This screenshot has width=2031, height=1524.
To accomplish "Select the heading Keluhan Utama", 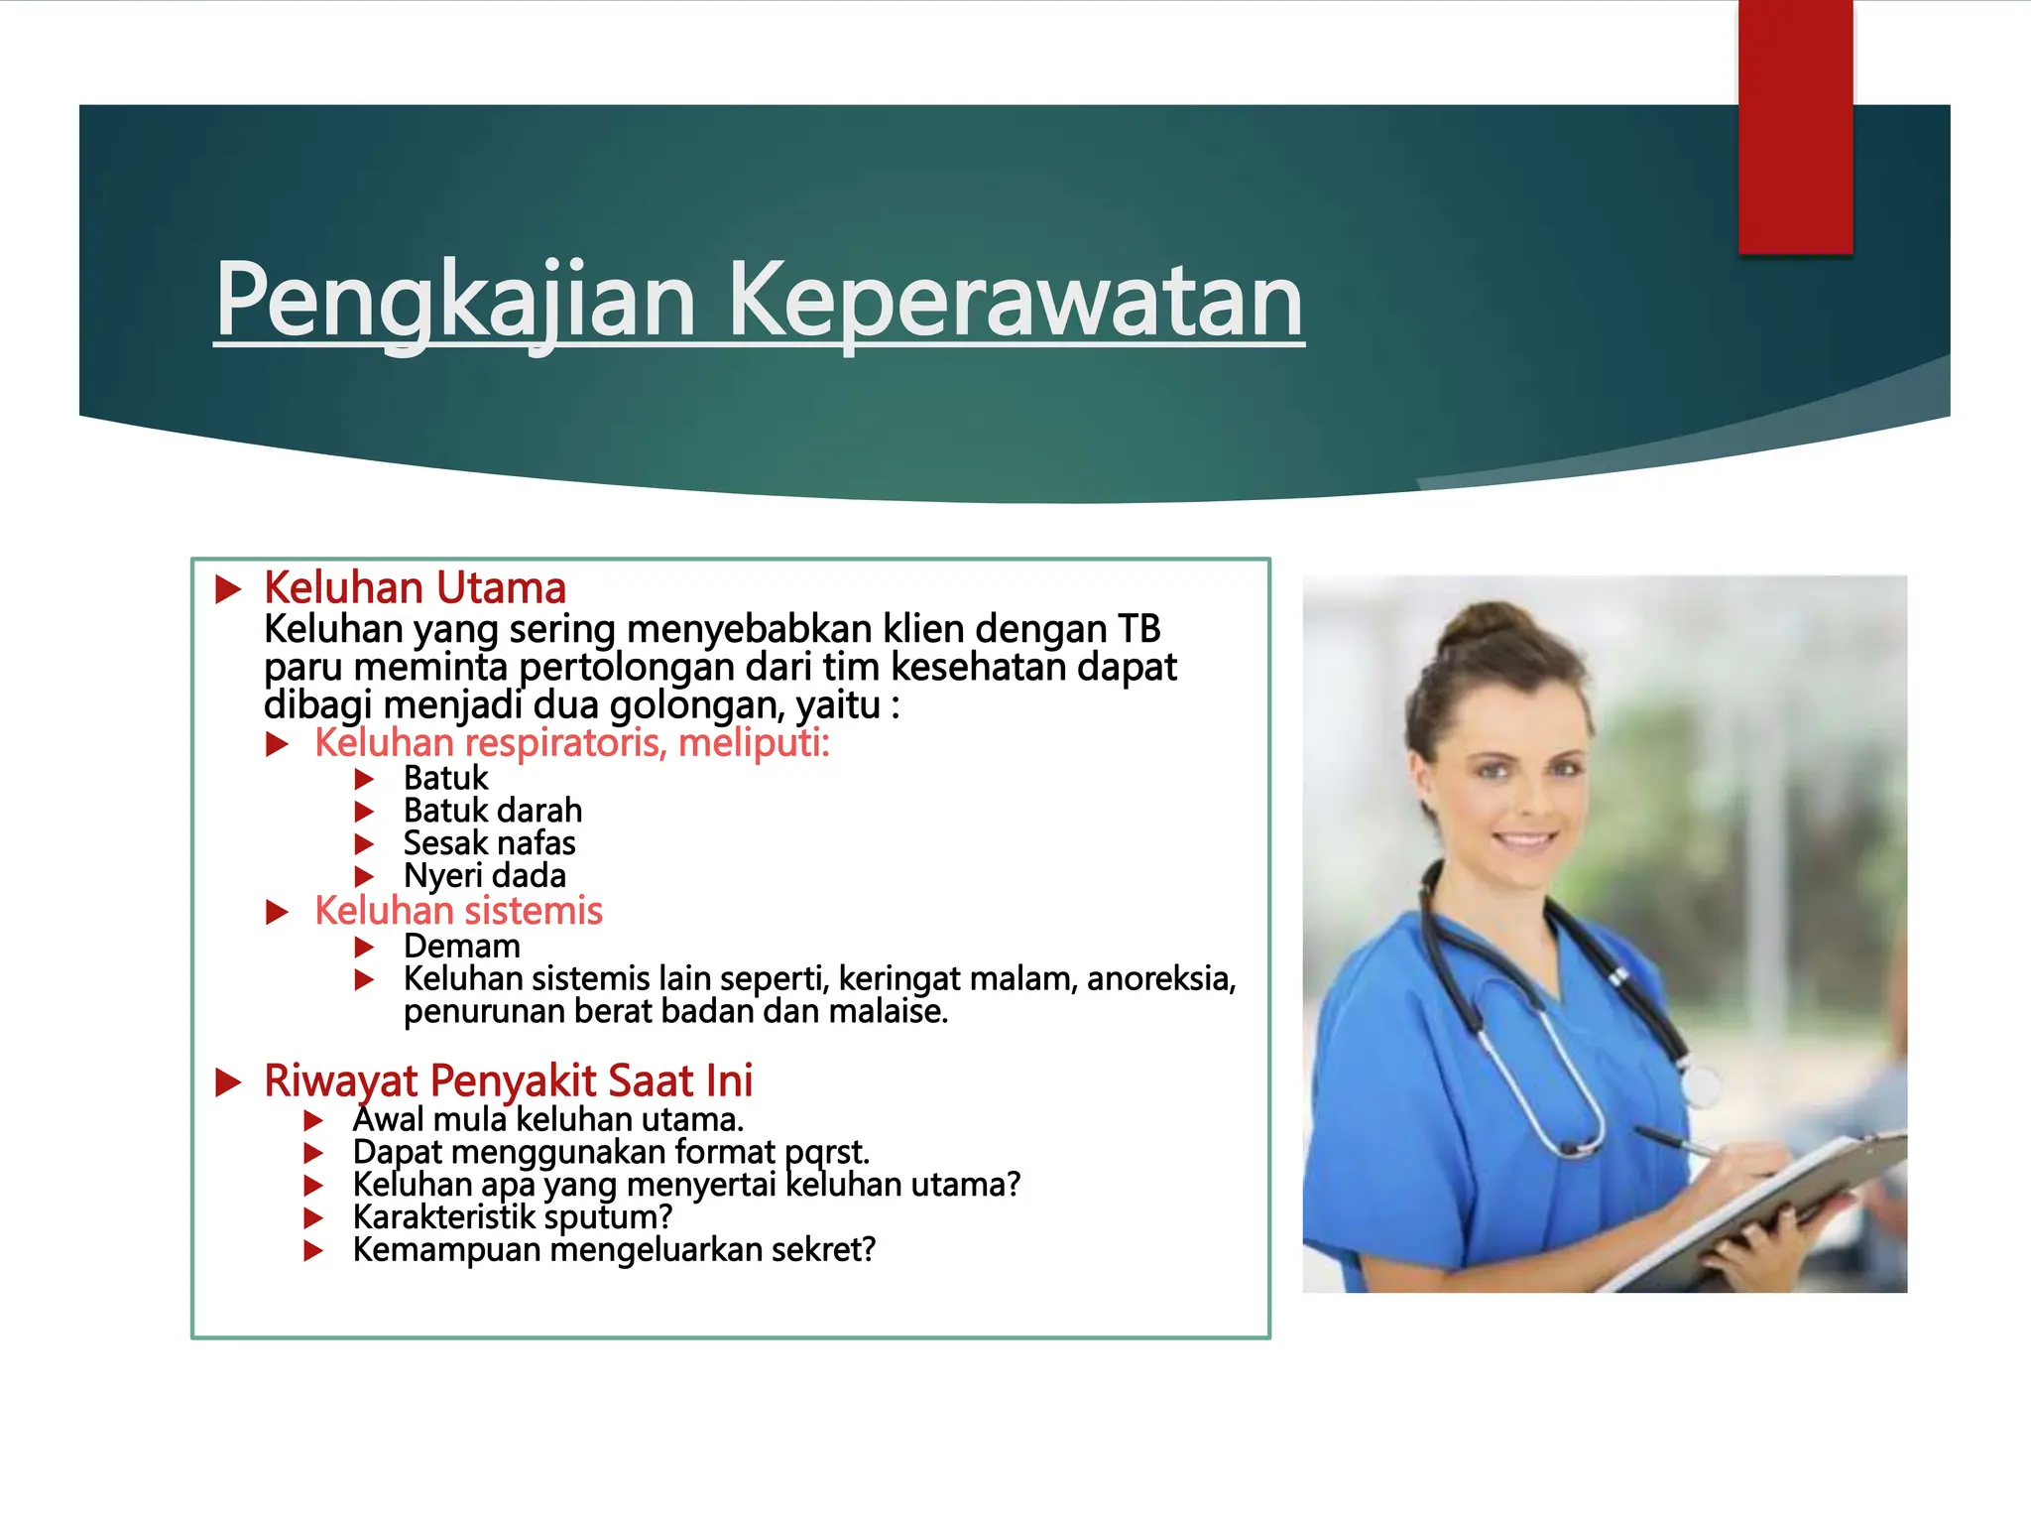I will pos(415,588).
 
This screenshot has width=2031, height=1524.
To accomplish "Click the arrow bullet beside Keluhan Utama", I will pos(229,589).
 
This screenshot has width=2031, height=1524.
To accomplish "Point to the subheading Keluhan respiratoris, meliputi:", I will pos(571,743).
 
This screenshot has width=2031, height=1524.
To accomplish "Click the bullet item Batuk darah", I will pos(492,811).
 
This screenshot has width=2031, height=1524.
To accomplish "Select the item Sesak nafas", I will pos(489,843).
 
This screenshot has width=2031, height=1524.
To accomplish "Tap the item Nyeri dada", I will pos(484,876).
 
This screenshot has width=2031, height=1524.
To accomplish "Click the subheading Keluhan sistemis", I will pos(458,911).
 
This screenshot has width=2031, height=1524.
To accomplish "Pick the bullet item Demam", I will pos(461,947).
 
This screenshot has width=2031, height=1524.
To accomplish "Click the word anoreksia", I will pos(1160,979).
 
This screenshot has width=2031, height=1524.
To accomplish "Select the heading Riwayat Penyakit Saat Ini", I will pos(508,1080).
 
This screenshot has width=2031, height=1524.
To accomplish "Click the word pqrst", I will pos(826,1153).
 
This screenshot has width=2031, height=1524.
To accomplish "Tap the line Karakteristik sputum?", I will pos(512,1217).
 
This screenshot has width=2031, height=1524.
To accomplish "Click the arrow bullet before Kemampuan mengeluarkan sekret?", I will pos(313,1250).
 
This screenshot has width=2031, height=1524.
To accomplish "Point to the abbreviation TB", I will pos(1139,629).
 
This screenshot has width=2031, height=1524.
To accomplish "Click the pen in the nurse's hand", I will pos(1676,1141).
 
